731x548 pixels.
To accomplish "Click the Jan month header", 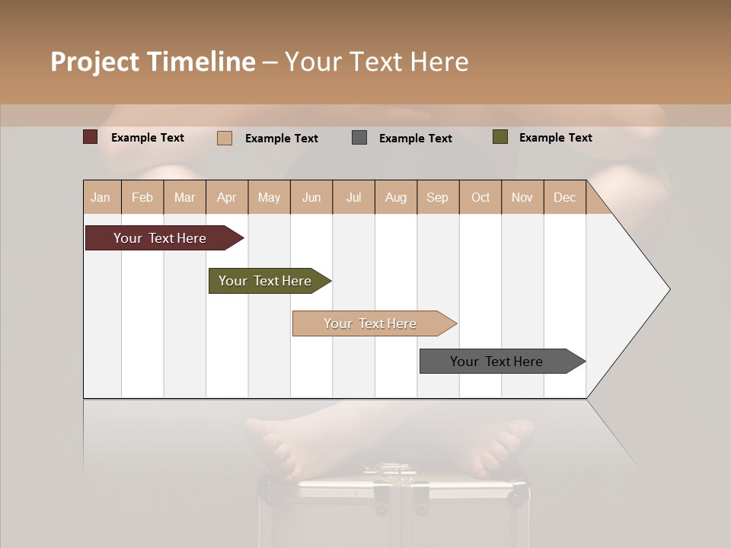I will click(101, 198).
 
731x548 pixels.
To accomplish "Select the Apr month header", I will click(226, 198).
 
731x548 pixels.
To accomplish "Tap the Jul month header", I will click(353, 198).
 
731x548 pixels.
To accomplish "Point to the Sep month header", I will click(437, 198).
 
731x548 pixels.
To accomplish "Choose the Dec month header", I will click(564, 198).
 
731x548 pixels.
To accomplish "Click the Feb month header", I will click(142, 198).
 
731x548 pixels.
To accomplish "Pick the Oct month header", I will click(480, 198).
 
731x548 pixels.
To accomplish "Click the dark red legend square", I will click(91, 137).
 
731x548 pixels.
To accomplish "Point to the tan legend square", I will click(225, 138).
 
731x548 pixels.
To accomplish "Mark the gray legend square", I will click(359, 138).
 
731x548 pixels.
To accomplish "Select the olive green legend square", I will click(500, 137).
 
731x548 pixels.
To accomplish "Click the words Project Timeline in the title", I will click(153, 62).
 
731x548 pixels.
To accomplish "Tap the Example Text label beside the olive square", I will click(555, 138).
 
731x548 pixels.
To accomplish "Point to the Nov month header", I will click(522, 198).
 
